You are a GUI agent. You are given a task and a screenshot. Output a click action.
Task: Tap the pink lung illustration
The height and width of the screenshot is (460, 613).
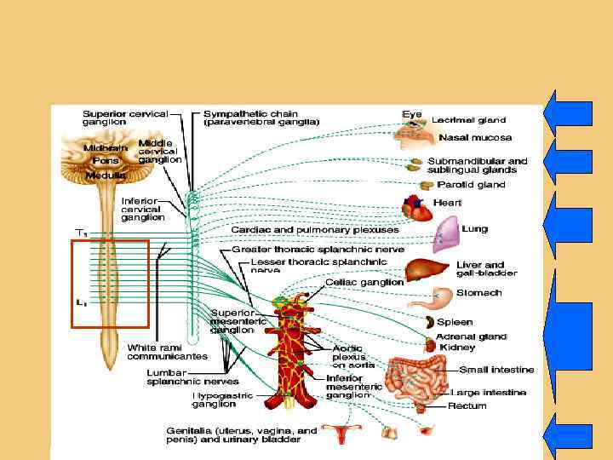click(447, 233)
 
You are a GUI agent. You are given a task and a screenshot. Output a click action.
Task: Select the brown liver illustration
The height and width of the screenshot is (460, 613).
click(422, 271)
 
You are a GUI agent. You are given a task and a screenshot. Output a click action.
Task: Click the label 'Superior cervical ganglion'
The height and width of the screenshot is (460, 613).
click(125, 117)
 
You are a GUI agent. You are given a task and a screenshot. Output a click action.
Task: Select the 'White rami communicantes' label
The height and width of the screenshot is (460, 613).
click(168, 353)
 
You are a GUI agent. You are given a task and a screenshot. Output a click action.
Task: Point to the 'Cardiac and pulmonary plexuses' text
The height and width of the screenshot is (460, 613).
click(315, 230)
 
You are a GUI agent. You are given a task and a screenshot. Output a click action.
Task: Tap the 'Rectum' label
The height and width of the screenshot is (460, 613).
click(467, 406)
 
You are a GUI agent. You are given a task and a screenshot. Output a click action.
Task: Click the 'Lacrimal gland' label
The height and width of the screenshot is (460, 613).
click(468, 120)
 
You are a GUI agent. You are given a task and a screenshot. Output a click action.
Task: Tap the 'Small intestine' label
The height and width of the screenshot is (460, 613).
click(496, 370)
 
